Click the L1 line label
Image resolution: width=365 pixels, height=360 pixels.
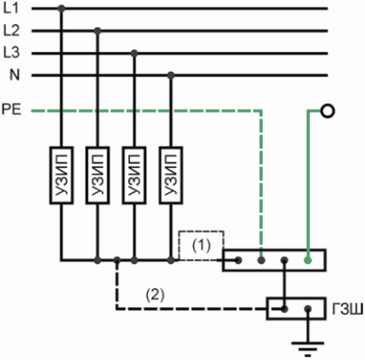click(x=11, y=9)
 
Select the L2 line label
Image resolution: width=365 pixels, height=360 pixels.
click(x=11, y=30)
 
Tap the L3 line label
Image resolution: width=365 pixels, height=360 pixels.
click(x=11, y=52)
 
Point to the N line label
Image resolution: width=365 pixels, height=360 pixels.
click(x=15, y=75)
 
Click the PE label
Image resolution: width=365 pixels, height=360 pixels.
click(x=11, y=109)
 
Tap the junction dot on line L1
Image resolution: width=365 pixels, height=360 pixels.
click(x=61, y=9)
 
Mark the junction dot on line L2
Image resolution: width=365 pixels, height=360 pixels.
click(x=98, y=30)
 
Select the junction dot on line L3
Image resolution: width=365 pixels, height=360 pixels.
click(x=134, y=54)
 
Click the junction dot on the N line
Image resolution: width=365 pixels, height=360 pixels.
click(x=171, y=75)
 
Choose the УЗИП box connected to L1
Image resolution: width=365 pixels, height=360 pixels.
click(x=61, y=175)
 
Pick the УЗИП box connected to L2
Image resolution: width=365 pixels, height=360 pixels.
click(x=98, y=175)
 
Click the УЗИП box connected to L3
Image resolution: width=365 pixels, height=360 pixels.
click(x=134, y=175)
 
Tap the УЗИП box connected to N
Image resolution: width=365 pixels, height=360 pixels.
click(x=171, y=175)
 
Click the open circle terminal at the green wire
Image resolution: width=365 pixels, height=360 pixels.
click(x=327, y=111)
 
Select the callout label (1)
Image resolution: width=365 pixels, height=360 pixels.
click(x=202, y=246)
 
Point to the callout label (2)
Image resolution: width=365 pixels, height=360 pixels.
click(x=155, y=294)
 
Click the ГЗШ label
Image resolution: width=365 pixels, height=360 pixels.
click(x=347, y=309)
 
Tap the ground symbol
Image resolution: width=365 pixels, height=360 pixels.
click(x=307, y=349)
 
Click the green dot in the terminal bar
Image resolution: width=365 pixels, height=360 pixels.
click(x=308, y=260)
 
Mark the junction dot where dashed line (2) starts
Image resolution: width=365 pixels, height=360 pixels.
click(x=117, y=260)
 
